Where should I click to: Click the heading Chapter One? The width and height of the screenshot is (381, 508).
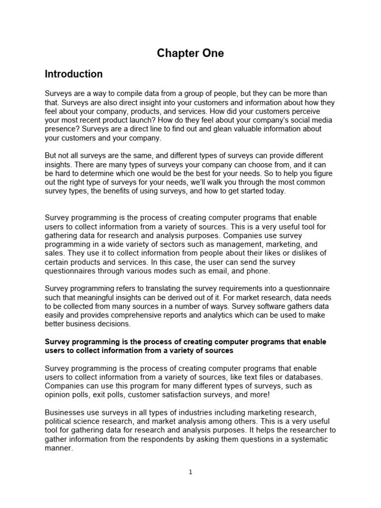pyautogui.click(x=190, y=54)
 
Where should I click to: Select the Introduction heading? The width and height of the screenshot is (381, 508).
pyautogui.click(x=74, y=74)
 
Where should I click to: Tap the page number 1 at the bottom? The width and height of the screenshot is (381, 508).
pyautogui.click(x=190, y=472)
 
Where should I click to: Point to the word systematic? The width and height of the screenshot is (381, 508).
pyautogui.click(x=298, y=440)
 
